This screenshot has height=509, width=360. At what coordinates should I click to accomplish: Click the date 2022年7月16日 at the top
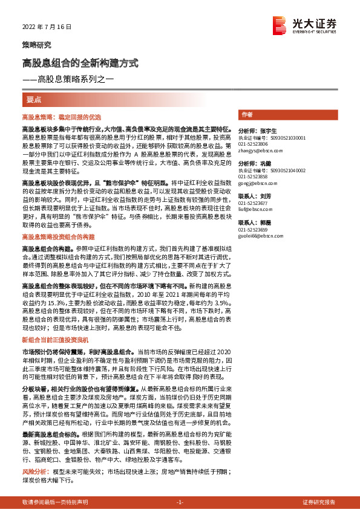click(47, 27)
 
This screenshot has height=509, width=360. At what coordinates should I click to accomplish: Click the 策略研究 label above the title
click(37, 45)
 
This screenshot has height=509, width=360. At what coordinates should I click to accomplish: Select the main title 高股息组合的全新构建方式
click(80, 63)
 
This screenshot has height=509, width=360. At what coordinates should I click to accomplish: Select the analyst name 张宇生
click(267, 131)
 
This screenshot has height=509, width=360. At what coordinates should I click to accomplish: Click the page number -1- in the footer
click(179, 502)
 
